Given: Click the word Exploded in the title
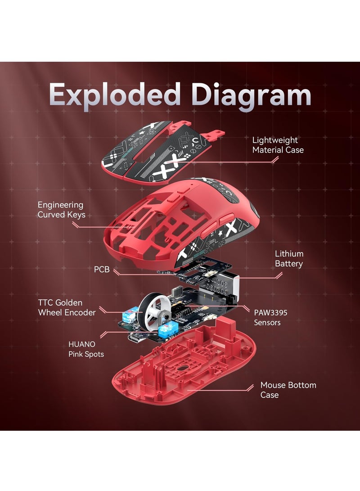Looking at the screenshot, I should point(116,95).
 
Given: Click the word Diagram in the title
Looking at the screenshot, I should point(251,95).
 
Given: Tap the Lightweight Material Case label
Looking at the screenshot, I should point(278,145).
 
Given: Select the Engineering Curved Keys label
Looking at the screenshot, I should point(60,210).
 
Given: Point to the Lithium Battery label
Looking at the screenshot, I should point(289,259).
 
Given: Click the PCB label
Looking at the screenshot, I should point(101,270).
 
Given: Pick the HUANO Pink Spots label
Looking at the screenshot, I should point(85,349).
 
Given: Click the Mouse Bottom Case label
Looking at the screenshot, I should point(288,390).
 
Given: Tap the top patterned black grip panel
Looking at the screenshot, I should point(153,149).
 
